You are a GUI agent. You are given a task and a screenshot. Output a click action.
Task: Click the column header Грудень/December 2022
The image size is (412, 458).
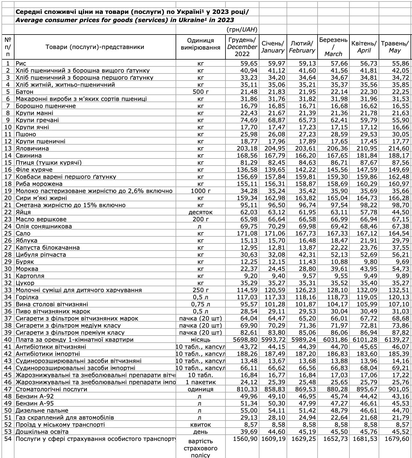[242, 47]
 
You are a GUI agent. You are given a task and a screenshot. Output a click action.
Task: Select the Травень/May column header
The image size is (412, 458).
[395, 47]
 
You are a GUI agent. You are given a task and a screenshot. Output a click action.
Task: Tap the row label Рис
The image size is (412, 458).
[21, 63]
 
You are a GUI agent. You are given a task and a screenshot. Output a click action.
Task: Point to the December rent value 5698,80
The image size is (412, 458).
[245, 340]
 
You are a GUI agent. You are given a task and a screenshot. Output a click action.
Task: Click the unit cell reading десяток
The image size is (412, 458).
[200, 212]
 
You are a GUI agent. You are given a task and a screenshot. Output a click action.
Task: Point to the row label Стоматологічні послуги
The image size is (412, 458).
[51, 389]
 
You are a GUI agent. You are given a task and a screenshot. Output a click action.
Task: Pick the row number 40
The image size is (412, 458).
[8, 340]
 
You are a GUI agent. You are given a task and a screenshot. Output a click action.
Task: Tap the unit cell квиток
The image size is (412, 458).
[200, 425]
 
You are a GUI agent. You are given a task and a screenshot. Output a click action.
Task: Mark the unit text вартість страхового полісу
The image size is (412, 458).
[200, 448]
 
